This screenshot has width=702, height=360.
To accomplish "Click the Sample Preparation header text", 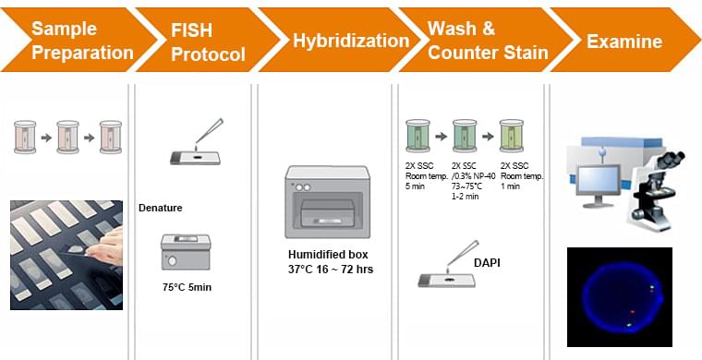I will click(x=82, y=41).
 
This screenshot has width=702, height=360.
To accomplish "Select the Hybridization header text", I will click(x=351, y=41).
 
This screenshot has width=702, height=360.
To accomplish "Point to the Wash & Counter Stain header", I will click(x=479, y=41).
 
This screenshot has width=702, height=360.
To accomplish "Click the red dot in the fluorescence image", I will click(x=632, y=312).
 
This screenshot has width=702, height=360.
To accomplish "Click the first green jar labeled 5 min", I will click(x=419, y=135).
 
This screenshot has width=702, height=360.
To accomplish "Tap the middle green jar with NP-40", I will click(x=465, y=135).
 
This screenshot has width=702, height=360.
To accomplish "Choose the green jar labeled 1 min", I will click(x=510, y=135).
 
